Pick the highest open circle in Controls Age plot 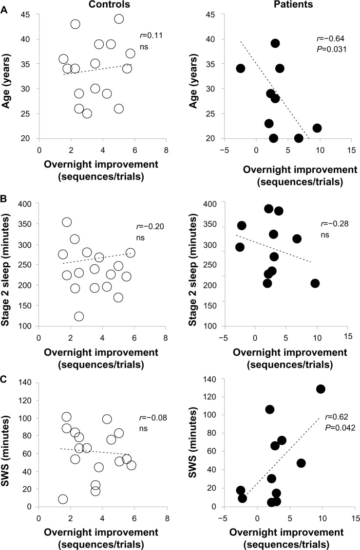tap(119, 19)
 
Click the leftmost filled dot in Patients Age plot tap(240, 68)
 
